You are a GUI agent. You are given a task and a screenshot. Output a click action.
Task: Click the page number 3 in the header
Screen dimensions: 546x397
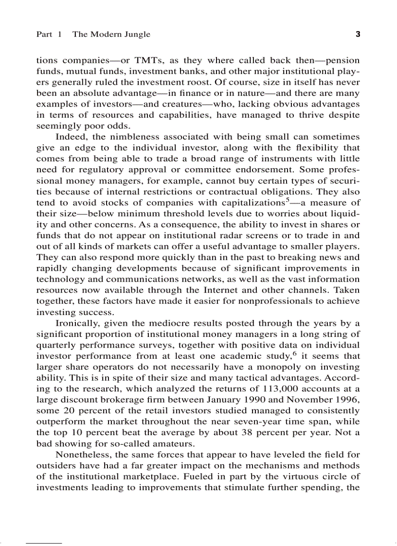[358, 34]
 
